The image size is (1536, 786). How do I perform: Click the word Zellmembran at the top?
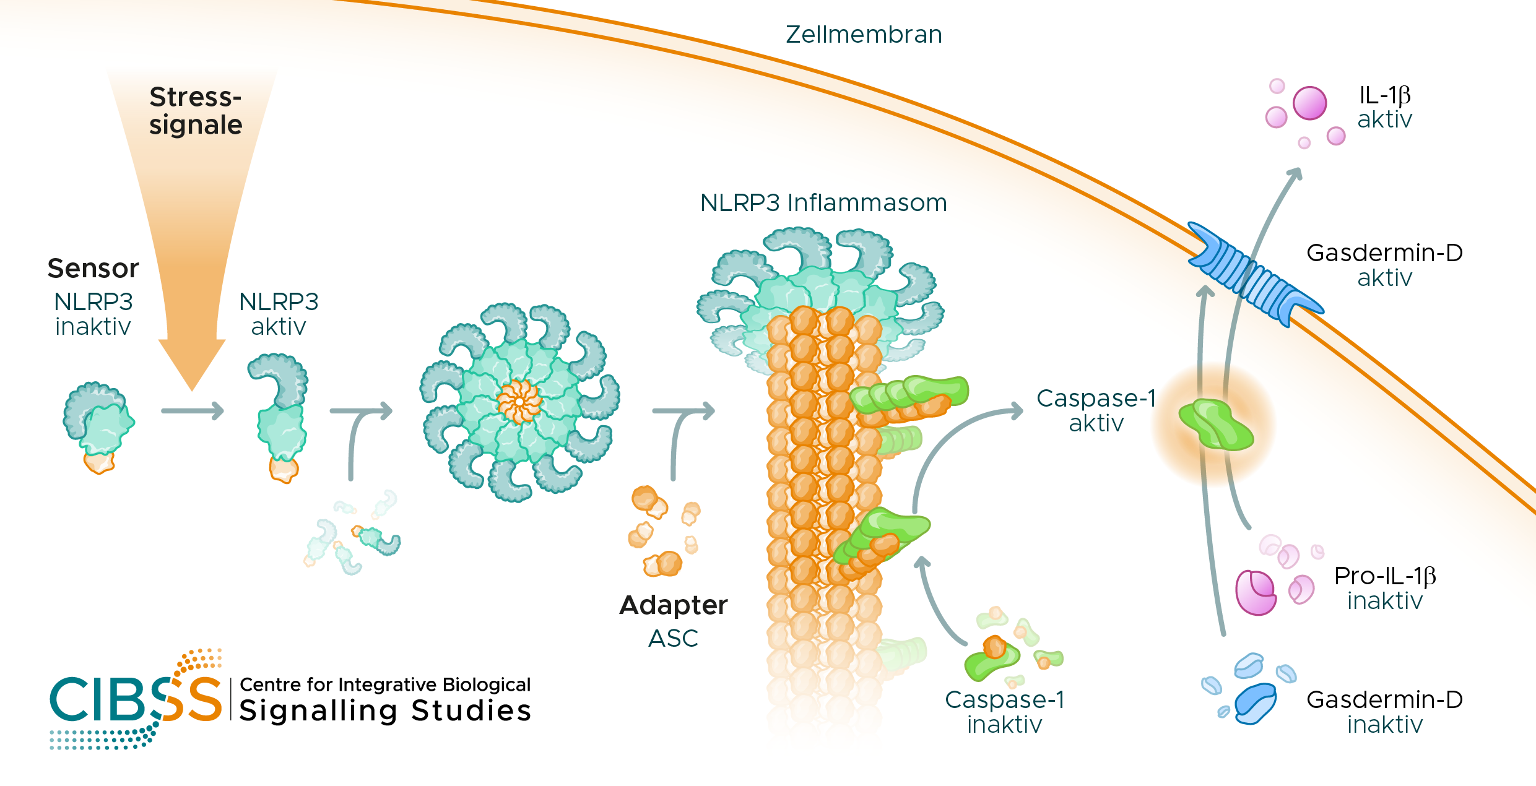(864, 35)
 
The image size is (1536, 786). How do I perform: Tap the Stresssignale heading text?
(196, 111)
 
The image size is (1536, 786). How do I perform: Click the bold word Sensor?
(93, 269)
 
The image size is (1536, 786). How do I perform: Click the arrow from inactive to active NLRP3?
(192, 411)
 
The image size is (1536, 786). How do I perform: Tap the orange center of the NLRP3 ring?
(519, 402)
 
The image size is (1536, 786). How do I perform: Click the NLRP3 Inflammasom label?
(823, 203)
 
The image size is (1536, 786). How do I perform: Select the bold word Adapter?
(674, 605)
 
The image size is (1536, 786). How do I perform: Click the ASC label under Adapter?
(674, 638)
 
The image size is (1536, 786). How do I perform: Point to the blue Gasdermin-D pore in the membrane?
(1254, 275)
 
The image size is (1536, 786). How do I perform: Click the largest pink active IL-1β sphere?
(1309, 103)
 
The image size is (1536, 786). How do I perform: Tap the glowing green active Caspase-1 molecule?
(1215, 425)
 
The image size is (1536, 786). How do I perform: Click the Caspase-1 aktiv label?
(1096, 410)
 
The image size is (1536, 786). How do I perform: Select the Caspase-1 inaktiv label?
(1005, 712)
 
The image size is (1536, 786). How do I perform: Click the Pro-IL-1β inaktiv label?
(1385, 588)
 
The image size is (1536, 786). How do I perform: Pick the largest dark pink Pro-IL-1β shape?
(1255, 592)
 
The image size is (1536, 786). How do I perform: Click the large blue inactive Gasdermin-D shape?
(1254, 702)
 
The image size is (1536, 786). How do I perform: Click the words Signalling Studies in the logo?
(385, 710)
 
